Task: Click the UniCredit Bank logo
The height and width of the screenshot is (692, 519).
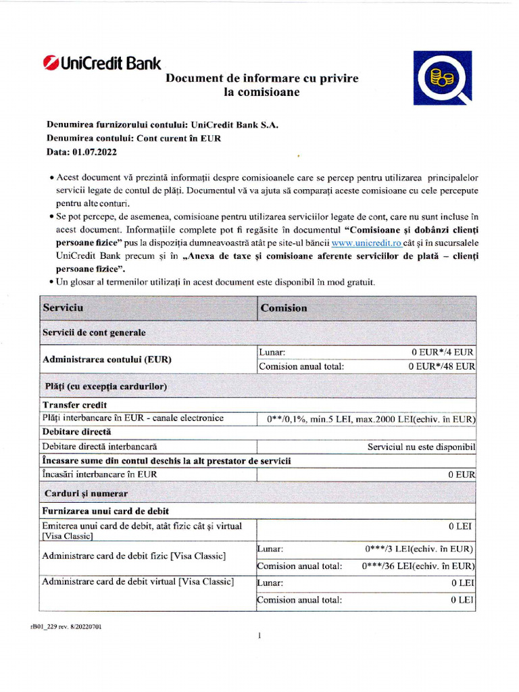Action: point(102,64)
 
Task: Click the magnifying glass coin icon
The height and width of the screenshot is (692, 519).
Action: point(443,78)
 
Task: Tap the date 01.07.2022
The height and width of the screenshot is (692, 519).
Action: point(94,152)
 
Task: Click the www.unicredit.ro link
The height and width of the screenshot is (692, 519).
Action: point(366,243)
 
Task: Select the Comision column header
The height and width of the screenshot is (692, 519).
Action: point(284,308)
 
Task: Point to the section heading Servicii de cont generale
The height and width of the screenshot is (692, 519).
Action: point(94,333)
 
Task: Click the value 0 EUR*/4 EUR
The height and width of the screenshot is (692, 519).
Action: point(443,352)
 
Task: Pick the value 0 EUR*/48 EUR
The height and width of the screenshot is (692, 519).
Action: point(441,366)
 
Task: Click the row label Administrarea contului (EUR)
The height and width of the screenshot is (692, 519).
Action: point(107,360)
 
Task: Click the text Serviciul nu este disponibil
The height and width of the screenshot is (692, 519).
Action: point(421,447)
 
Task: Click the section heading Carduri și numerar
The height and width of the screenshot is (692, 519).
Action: point(85,494)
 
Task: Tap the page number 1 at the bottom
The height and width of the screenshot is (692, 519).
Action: point(259,636)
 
